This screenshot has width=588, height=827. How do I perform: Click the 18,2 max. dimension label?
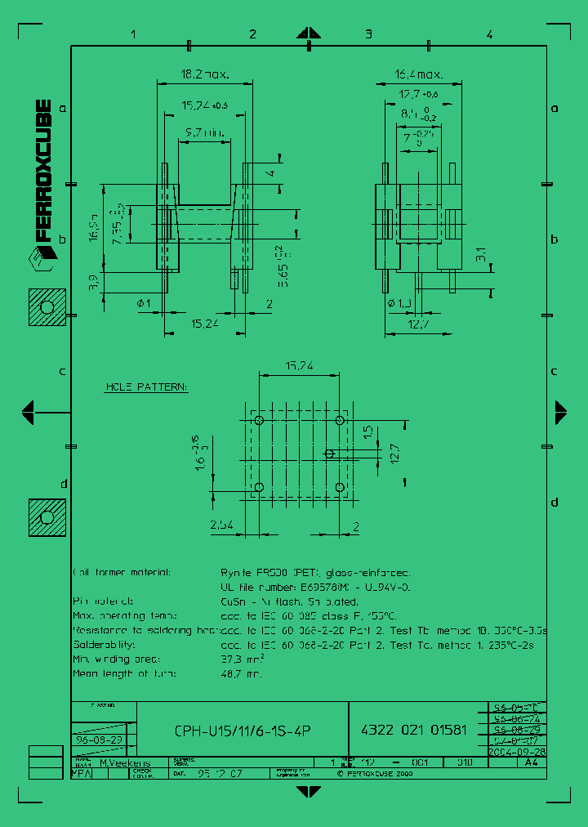coord(204,74)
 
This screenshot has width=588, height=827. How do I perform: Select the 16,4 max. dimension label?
coord(419,74)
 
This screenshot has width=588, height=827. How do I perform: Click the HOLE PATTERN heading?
coord(146,387)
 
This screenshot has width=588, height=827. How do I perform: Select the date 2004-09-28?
coord(516,751)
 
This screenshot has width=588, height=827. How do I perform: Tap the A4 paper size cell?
coord(531,762)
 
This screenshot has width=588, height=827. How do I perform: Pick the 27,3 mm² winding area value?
coord(243,659)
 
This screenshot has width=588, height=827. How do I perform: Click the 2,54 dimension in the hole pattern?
coord(222,525)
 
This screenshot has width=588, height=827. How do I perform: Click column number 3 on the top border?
coord(368,34)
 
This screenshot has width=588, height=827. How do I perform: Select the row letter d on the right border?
coord(554,502)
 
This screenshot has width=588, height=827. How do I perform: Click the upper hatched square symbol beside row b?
coord(47,307)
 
